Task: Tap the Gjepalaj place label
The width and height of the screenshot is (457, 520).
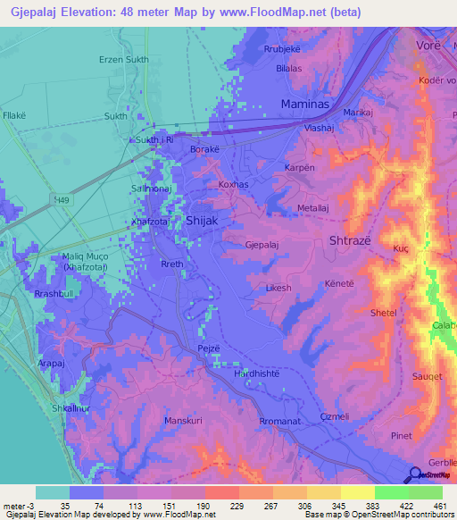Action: [x=265, y=243]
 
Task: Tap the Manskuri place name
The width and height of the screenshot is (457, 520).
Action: [x=186, y=419]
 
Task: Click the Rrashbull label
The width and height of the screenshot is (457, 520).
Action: [x=54, y=296]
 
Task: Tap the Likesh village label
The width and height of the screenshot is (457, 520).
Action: [x=278, y=289]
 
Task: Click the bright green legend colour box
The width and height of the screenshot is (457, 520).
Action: [x=391, y=492]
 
